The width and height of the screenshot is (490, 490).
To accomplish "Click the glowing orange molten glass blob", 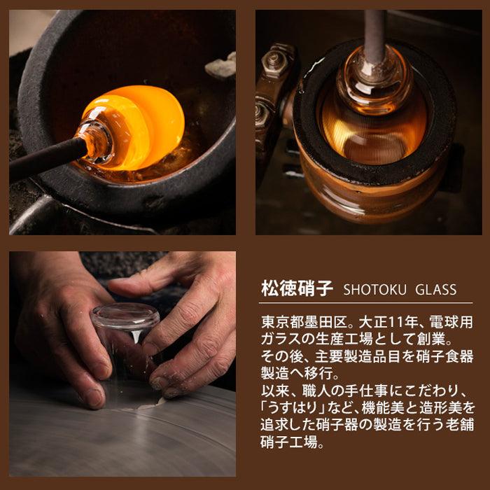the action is coord(134,127).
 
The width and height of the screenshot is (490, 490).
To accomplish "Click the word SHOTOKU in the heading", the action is coord(374,290).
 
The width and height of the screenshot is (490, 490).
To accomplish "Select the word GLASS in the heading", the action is coord(435,290).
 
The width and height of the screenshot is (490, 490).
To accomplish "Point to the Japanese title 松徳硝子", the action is coord(297,288).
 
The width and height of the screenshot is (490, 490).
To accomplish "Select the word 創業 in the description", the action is coord(430,339).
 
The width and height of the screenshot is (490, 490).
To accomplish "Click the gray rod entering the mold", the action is coord(374,36).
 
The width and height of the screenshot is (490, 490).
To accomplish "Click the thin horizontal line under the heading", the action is coord(365,303).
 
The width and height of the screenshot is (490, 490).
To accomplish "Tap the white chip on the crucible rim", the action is coord(221,66).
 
